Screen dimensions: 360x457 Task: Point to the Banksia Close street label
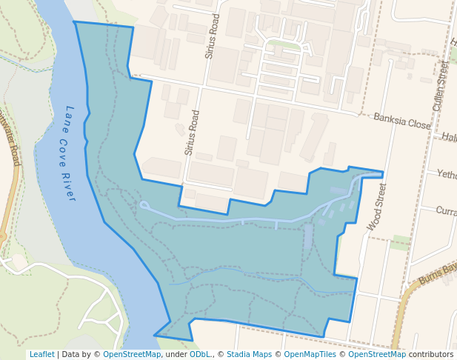[401, 121]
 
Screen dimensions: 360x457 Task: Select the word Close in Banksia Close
[418, 124]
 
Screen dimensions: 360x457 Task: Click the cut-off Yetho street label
[447, 175]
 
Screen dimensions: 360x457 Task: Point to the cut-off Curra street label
[446, 211]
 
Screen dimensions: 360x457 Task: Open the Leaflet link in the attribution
[41, 354]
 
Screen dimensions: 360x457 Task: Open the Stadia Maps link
[249, 354]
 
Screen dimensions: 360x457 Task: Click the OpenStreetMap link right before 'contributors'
[377, 354]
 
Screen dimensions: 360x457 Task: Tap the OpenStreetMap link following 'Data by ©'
[132, 354]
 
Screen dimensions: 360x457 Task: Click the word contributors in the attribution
[431, 354]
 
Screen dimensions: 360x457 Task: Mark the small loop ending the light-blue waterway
[144, 205]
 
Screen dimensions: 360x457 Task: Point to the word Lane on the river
[70, 116]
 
